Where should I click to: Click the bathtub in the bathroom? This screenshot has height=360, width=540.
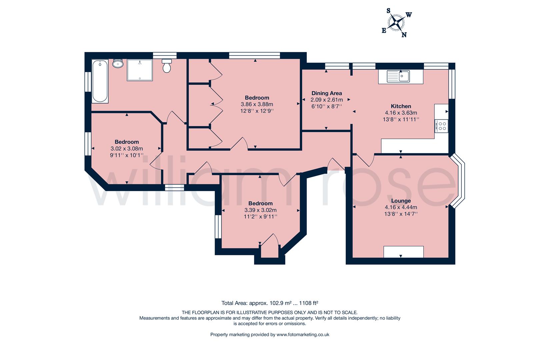100,81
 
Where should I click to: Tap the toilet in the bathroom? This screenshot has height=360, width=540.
167,66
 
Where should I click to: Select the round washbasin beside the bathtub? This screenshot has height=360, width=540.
118,63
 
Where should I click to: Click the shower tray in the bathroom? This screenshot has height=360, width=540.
140,70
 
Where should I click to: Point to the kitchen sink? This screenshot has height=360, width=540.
398,76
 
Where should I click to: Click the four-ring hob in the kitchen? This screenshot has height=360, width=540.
441,126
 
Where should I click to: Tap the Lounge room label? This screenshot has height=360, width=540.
401,201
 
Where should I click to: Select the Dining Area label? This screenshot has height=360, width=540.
327,93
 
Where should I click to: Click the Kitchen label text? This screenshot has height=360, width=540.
401,106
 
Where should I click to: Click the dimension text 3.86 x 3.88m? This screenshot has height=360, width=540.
257,104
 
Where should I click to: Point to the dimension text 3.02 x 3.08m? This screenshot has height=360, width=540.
127,149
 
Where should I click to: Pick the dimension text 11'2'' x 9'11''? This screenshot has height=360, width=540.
261,217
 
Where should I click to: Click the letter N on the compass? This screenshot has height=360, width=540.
404,35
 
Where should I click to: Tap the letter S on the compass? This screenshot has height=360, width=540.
388,11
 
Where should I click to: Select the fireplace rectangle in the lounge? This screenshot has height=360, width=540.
404,252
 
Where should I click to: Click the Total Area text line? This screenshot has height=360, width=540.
270,303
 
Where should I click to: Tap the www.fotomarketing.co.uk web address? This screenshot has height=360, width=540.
303,334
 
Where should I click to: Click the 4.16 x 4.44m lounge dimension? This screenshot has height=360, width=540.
401,207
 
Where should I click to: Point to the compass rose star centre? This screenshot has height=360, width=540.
396,23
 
